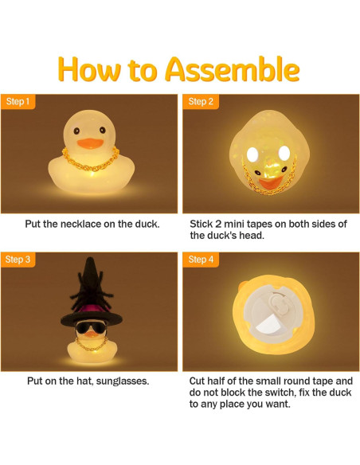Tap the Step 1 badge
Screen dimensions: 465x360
[x=18, y=102]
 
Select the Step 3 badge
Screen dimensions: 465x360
[x=18, y=260]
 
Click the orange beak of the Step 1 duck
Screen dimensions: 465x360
[x=89, y=143]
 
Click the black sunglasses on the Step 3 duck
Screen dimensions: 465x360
[x=89, y=326]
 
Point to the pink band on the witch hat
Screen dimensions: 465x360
[x=89, y=307]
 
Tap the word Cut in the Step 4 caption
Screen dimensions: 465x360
[x=200, y=381]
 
